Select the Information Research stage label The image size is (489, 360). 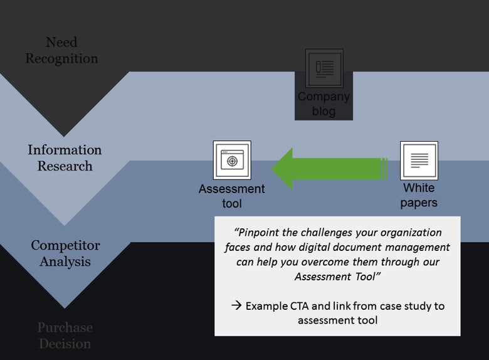click(x=65, y=158)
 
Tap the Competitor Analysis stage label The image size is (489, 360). click(x=65, y=253)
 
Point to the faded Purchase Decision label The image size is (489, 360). click(x=65, y=336)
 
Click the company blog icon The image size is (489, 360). click(x=324, y=68)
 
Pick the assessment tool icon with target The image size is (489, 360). click(x=232, y=160)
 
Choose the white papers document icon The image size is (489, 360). click(x=419, y=160)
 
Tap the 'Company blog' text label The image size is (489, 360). click(x=323, y=104)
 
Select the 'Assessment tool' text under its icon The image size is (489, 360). click(x=232, y=196)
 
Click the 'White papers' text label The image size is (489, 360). click(x=419, y=195)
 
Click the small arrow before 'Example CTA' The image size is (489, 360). click(x=236, y=306)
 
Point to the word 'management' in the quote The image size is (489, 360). click(x=419, y=247)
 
